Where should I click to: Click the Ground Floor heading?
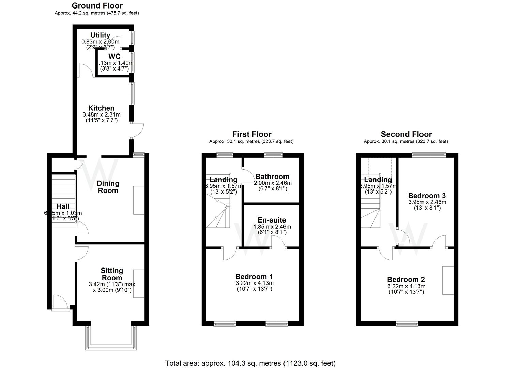(x=97, y=6)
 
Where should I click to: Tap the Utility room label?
(x=100, y=35)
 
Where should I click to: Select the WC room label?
(x=114, y=57)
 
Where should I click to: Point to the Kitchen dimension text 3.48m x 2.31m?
(x=102, y=115)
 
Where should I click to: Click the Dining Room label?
(x=108, y=187)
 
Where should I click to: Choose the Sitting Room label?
(x=112, y=274)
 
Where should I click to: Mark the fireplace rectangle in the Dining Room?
(x=139, y=200)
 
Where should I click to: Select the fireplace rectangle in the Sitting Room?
(x=139, y=283)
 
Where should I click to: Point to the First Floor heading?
(x=252, y=134)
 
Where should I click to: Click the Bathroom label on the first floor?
(x=272, y=177)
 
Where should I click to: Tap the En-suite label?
(x=272, y=220)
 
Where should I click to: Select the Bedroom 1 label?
(x=254, y=277)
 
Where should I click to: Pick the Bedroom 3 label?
(x=427, y=196)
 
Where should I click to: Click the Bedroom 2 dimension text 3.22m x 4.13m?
(x=406, y=286)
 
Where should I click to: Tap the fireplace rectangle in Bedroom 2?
(x=448, y=280)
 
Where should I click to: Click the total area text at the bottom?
(x=250, y=363)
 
